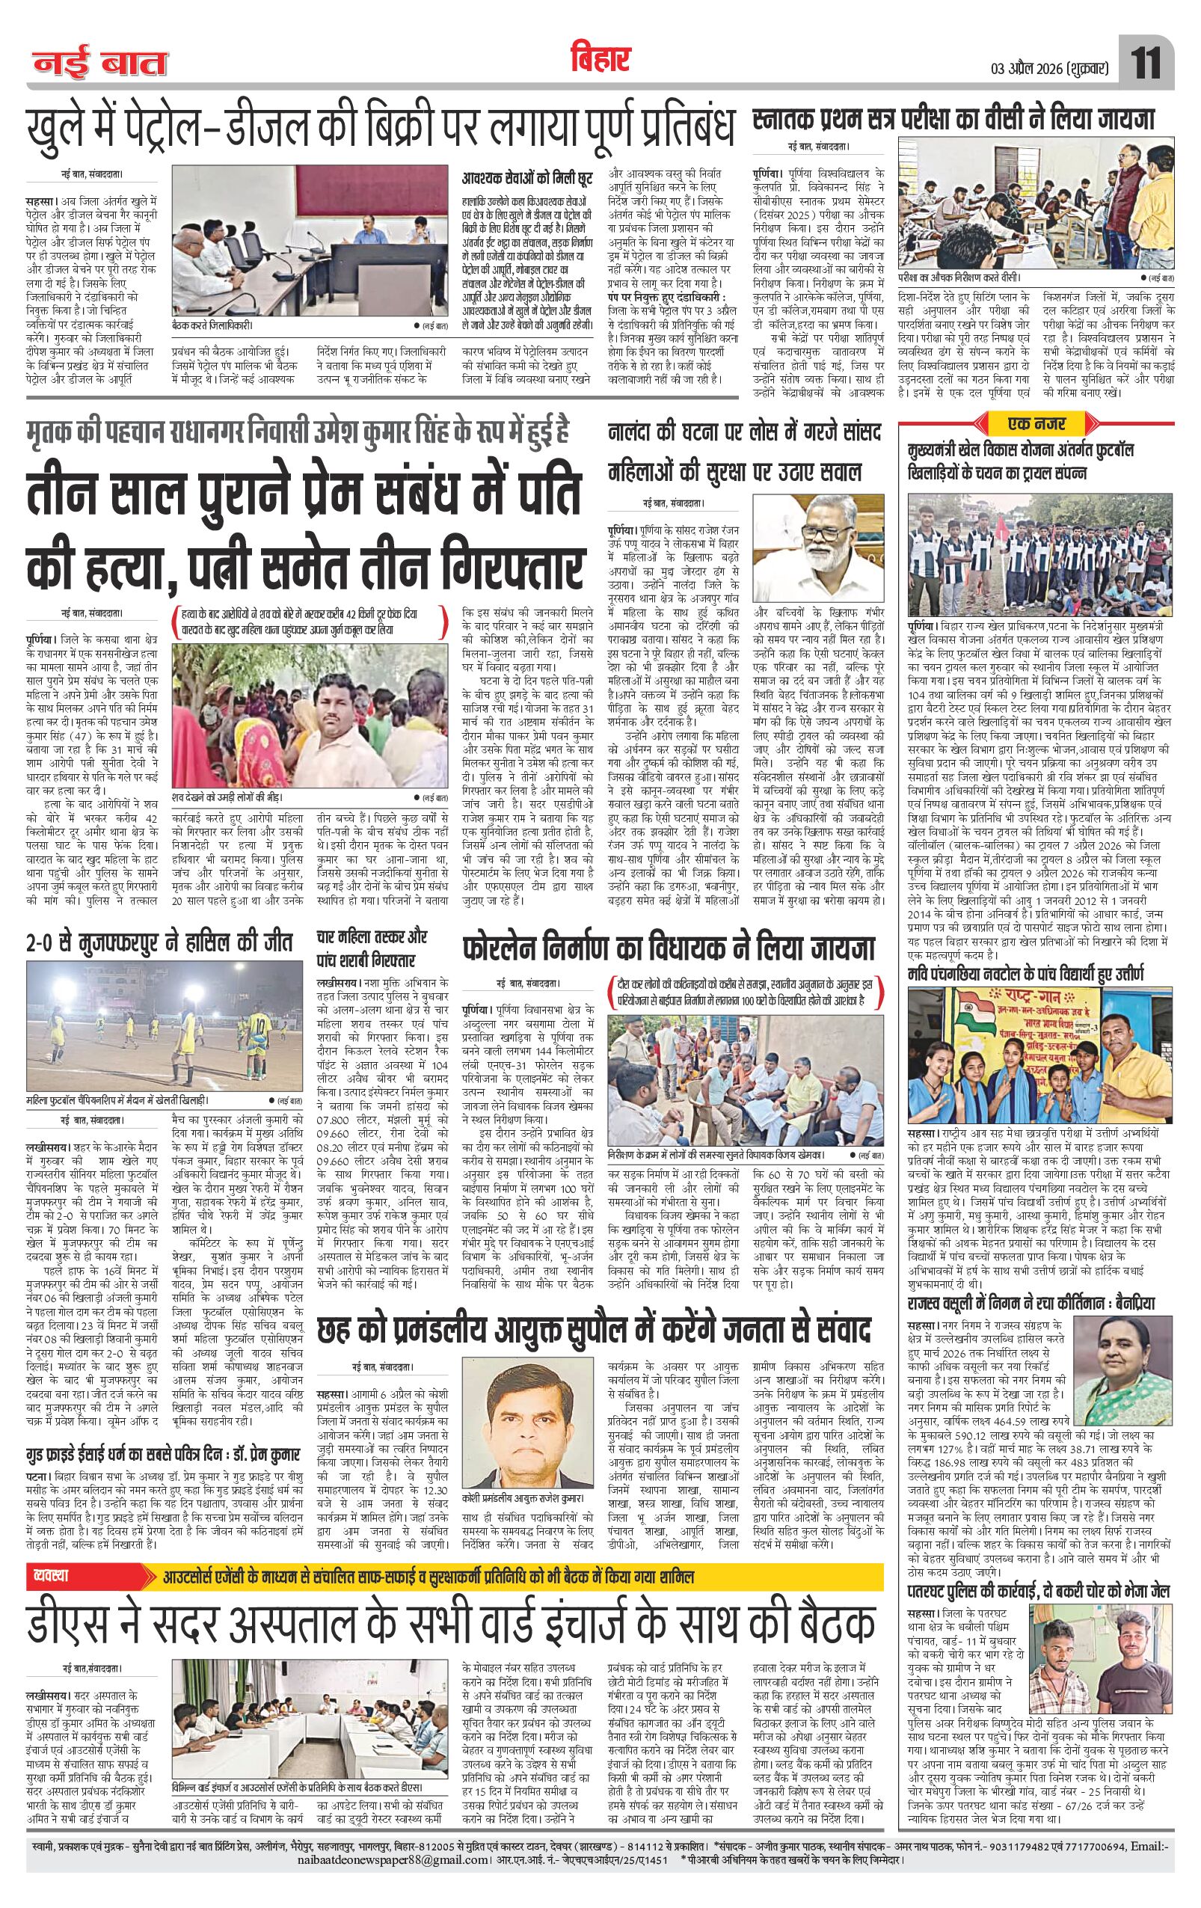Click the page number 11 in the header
pos(1146,64)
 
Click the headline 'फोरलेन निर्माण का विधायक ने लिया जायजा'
pos(669,948)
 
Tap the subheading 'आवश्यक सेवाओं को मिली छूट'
pos(517,180)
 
